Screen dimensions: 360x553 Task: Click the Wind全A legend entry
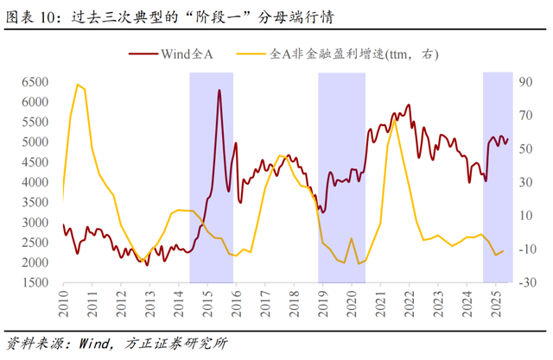pyautogui.click(x=187, y=54)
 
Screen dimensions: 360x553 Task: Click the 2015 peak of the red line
pyautogui.click(x=219, y=91)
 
